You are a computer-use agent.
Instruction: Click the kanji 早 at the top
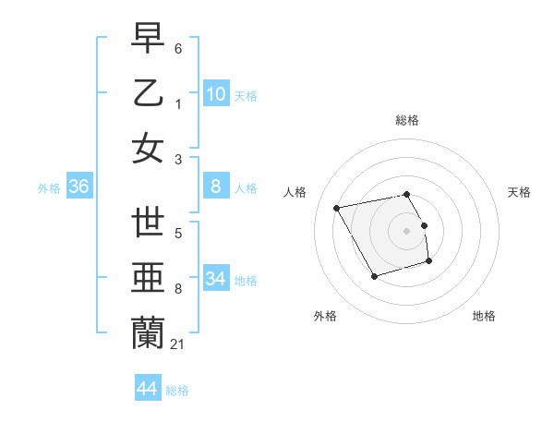coord(148,39)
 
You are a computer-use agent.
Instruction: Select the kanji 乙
coord(148,93)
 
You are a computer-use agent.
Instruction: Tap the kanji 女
coord(148,148)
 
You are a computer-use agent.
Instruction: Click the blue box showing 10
coord(216,93)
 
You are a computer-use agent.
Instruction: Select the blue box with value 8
coord(216,187)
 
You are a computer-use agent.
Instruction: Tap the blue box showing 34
coord(216,279)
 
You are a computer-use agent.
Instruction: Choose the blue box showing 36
coord(79,187)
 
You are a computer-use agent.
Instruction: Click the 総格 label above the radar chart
coord(406,121)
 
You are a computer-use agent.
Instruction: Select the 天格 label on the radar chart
coord(519,192)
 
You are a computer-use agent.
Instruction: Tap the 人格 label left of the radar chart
coord(295,192)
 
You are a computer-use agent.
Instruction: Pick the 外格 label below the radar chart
coord(324,317)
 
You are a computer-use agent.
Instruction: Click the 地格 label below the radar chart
coord(484,317)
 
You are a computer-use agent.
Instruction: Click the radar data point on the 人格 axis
coord(337,208)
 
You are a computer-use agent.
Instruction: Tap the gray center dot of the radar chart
coord(406,230)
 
